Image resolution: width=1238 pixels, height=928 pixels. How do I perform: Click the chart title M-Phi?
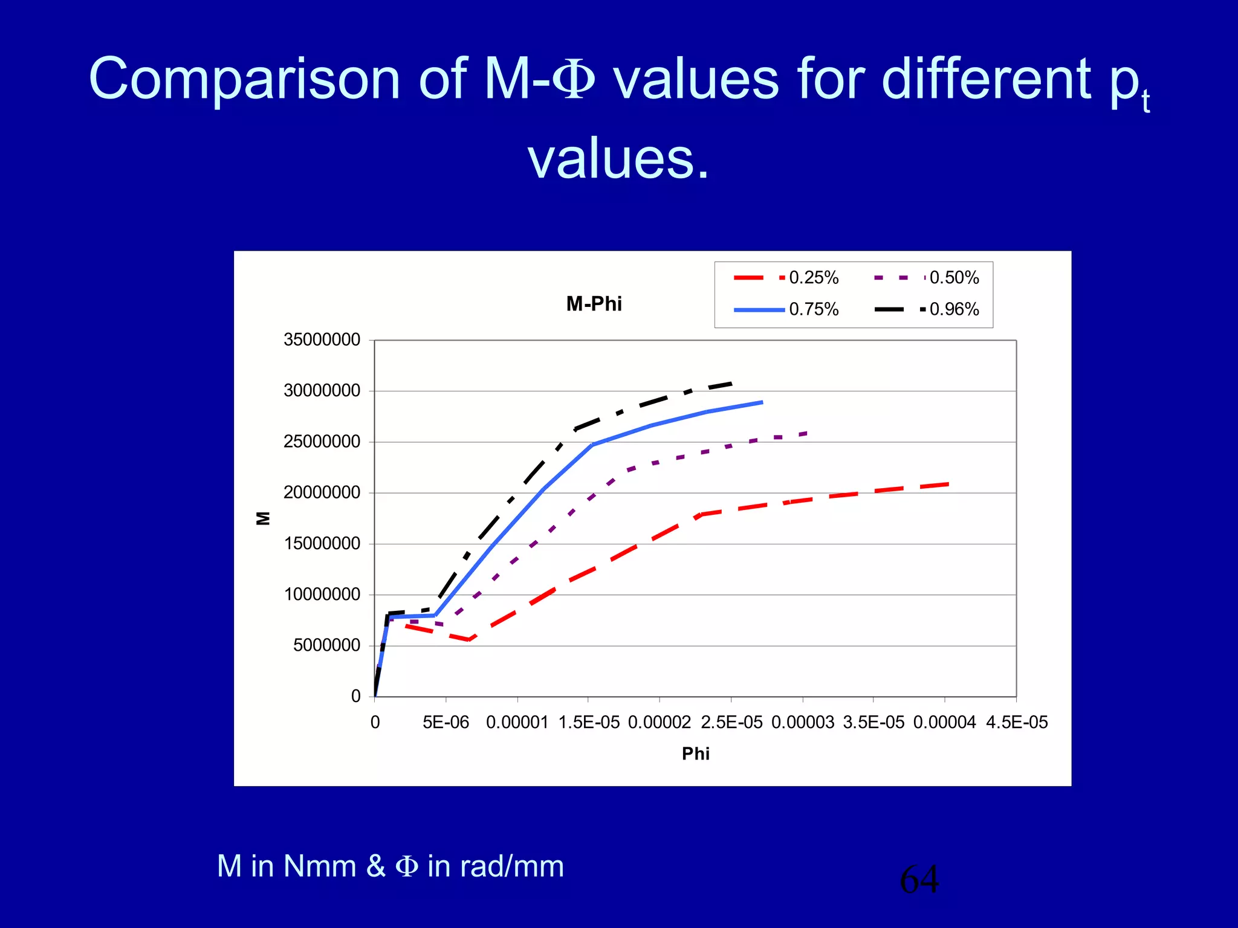594,304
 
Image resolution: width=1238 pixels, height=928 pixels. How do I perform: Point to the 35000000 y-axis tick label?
322,340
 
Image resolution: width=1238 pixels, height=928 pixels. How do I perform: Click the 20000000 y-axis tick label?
322,493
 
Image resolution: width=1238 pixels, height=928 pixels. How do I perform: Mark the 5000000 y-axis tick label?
326,646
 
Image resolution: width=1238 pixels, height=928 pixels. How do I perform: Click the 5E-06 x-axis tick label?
446,723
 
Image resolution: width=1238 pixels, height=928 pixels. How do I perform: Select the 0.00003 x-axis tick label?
802,723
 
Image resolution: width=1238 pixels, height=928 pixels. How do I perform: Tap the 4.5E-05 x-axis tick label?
1017,723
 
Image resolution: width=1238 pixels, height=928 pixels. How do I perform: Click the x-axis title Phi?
695,753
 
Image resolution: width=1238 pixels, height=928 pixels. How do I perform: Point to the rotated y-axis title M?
264,518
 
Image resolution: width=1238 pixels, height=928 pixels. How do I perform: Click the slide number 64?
919,879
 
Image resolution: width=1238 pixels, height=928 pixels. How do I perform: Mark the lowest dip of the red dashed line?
469,640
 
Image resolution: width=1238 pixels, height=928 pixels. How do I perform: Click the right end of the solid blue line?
762,402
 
